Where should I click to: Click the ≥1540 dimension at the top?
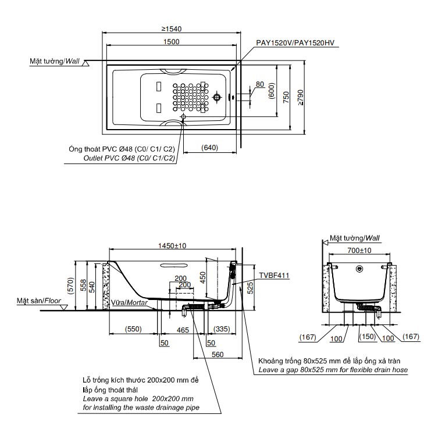click(x=170, y=28)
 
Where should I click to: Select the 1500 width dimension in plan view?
click(x=171, y=41)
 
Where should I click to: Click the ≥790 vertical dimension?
click(x=300, y=97)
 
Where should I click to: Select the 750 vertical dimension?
click(x=286, y=97)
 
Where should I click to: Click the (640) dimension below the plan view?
click(x=210, y=147)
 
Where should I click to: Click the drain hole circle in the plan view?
click(x=218, y=97)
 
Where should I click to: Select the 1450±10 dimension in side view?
click(x=173, y=246)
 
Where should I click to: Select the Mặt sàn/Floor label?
click(x=39, y=301)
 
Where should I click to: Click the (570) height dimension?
click(x=70, y=285)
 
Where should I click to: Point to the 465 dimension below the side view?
click(x=183, y=329)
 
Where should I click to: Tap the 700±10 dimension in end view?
click(x=358, y=249)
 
